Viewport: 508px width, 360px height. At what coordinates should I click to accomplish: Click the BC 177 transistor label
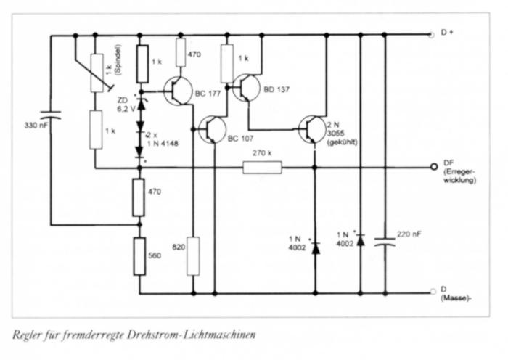209,95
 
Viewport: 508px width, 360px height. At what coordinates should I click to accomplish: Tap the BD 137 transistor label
278,91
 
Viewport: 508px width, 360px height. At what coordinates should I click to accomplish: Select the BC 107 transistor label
241,137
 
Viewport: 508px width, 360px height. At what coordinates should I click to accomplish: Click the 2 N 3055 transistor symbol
313,130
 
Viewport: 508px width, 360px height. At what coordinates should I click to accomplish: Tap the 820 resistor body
194,255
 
